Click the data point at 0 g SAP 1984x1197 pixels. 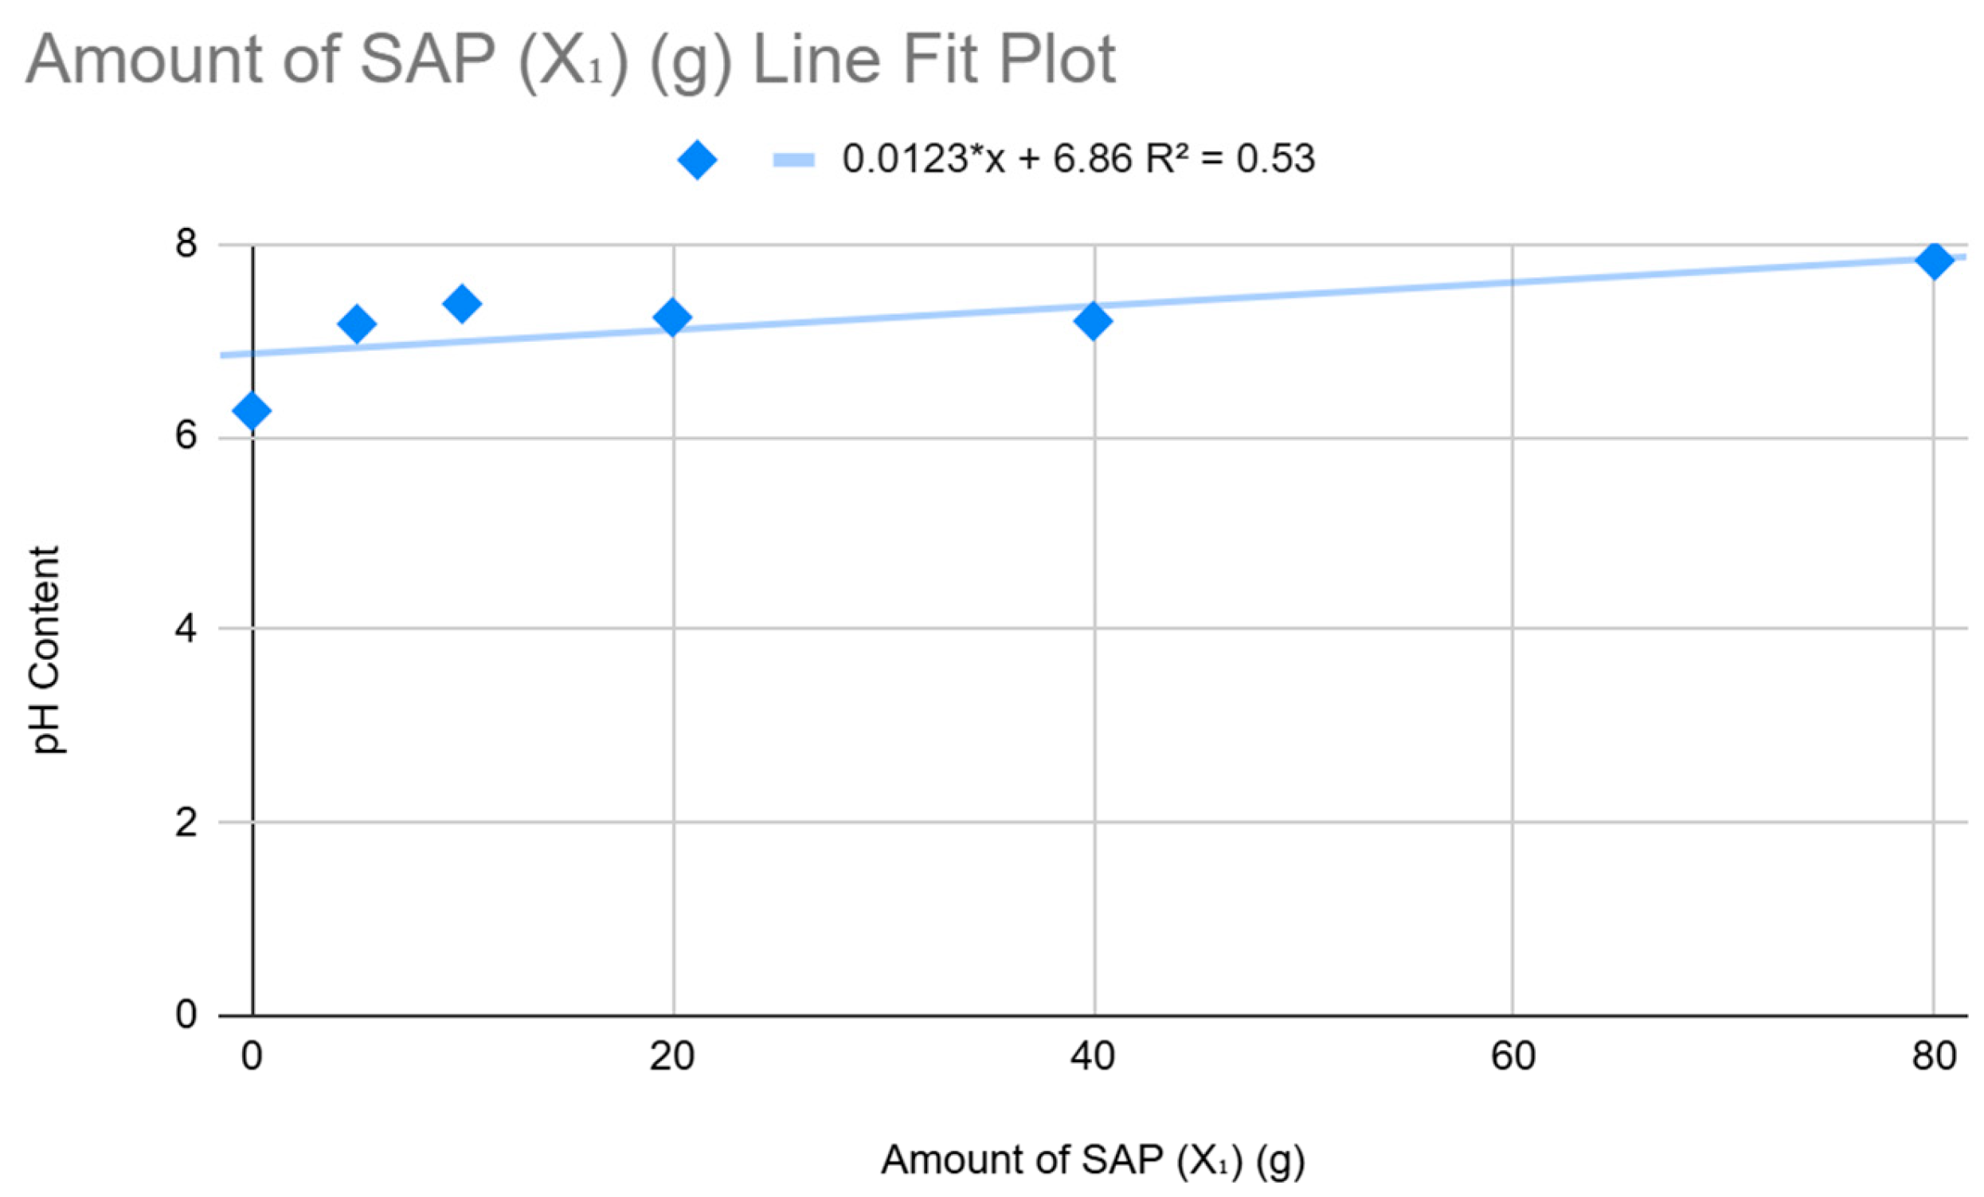coord(251,410)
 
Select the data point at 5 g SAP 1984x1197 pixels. coord(357,324)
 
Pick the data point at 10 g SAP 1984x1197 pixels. coord(461,304)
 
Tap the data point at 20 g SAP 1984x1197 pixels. coord(672,316)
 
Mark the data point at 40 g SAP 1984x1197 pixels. coord(1093,321)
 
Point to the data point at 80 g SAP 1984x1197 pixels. coord(1934,260)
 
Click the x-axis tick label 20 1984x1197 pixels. coord(672,1056)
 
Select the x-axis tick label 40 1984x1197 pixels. coord(1093,1056)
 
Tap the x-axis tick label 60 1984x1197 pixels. coord(1513,1056)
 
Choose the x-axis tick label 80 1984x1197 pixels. coord(1934,1056)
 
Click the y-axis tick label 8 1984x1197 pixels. coord(186,243)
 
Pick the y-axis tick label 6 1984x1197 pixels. coord(186,437)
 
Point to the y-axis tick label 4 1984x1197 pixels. coord(186,629)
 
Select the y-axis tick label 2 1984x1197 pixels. coord(186,822)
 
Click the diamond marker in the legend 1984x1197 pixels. coord(697,159)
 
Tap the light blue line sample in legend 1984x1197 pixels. coord(794,159)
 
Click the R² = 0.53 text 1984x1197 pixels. coord(1230,158)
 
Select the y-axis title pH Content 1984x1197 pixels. coord(45,650)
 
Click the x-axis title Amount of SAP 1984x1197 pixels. coord(1093,1160)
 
